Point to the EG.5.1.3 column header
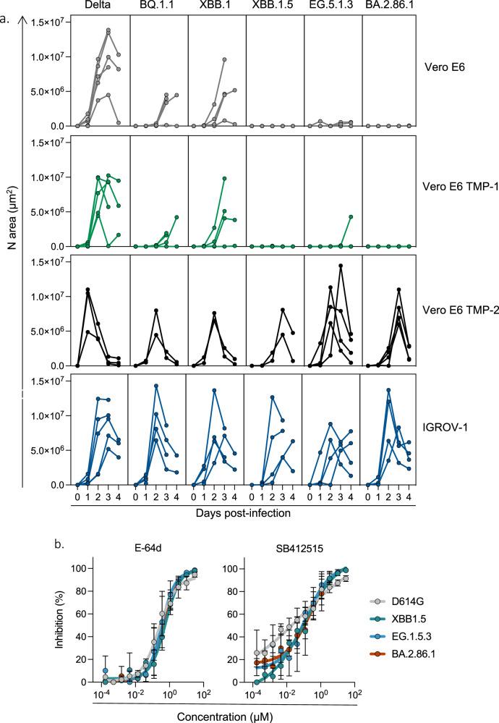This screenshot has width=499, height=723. pyautogui.click(x=332, y=7)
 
